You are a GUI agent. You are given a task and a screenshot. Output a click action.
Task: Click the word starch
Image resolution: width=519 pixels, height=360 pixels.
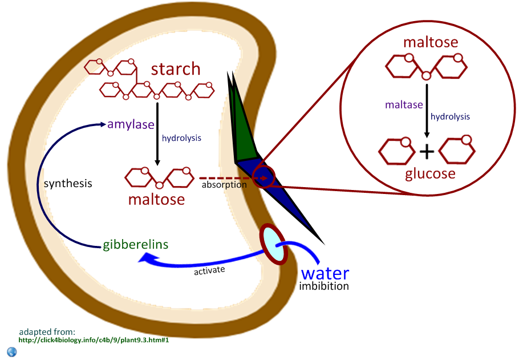(x=176, y=69)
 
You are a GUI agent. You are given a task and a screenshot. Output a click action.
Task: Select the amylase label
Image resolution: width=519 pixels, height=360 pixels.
(x=131, y=124)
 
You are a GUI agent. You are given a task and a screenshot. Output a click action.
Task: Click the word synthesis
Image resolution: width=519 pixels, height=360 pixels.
(x=68, y=184)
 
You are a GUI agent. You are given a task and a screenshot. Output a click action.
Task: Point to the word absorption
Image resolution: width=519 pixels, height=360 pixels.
(x=224, y=185)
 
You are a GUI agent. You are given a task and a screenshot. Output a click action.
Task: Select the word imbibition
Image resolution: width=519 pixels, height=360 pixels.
(x=324, y=286)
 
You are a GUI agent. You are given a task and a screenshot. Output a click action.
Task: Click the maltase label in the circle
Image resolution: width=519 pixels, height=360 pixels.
(x=404, y=105)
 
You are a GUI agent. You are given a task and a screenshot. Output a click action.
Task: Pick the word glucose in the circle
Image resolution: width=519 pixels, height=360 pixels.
(x=430, y=173)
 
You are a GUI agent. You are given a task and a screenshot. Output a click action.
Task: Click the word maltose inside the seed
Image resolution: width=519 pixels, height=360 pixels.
(x=156, y=199)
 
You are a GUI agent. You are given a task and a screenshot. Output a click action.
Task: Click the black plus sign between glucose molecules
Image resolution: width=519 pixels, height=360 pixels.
(x=427, y=152)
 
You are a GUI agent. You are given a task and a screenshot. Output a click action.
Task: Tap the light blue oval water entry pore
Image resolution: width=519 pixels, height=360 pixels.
(x=273, y=244)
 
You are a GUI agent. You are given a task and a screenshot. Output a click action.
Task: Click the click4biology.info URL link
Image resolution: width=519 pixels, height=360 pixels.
(x=94, y=340)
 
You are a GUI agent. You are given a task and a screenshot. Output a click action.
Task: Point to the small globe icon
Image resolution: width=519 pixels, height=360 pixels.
(x=12, y=351)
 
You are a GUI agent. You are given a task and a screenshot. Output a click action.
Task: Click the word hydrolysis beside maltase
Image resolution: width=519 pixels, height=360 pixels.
(x=450, y=116)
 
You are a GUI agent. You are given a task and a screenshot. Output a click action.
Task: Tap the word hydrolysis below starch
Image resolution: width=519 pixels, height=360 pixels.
(x=181, y=137)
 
